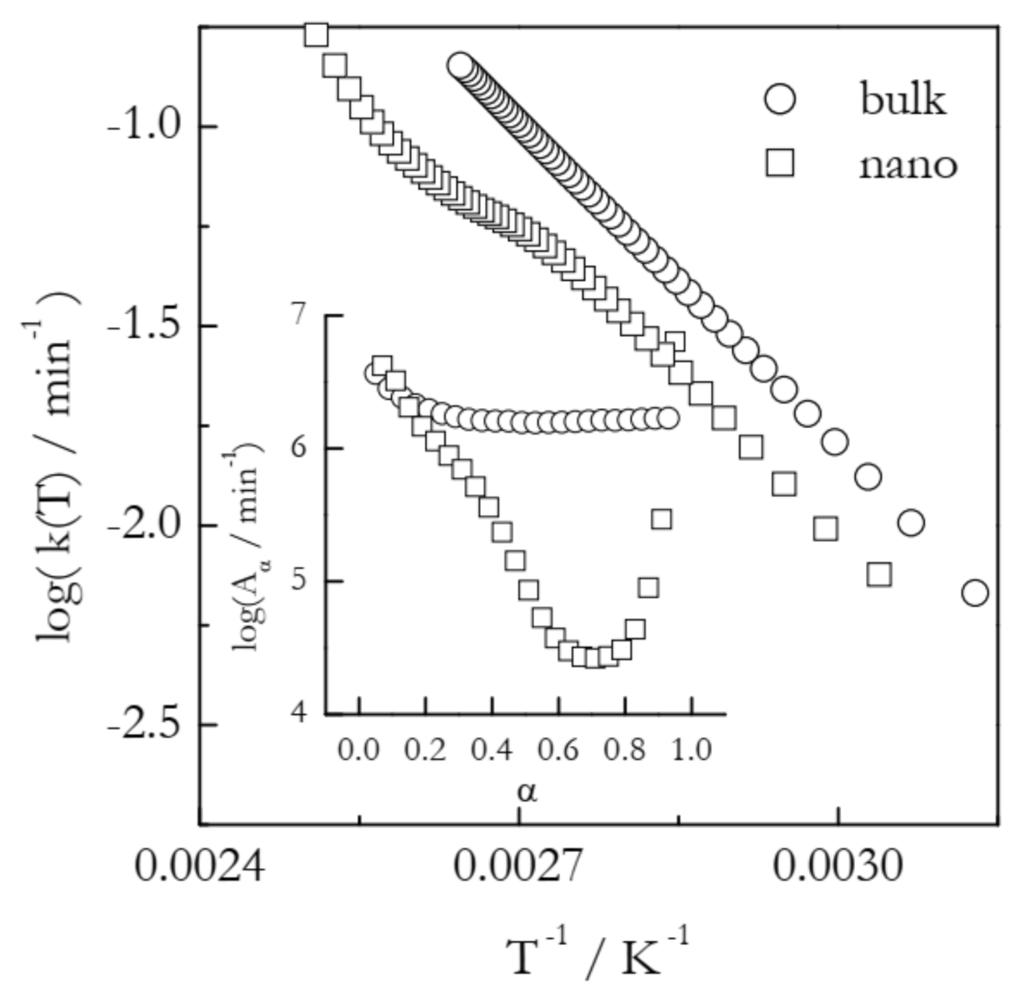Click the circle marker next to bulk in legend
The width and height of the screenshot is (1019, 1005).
tap(779, 100)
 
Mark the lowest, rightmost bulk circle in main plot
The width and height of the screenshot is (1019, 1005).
tap(975, 593)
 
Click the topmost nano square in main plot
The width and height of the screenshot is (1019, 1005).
tap(315, 35)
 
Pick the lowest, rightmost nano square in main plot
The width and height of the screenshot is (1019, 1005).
tap(879, 574)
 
